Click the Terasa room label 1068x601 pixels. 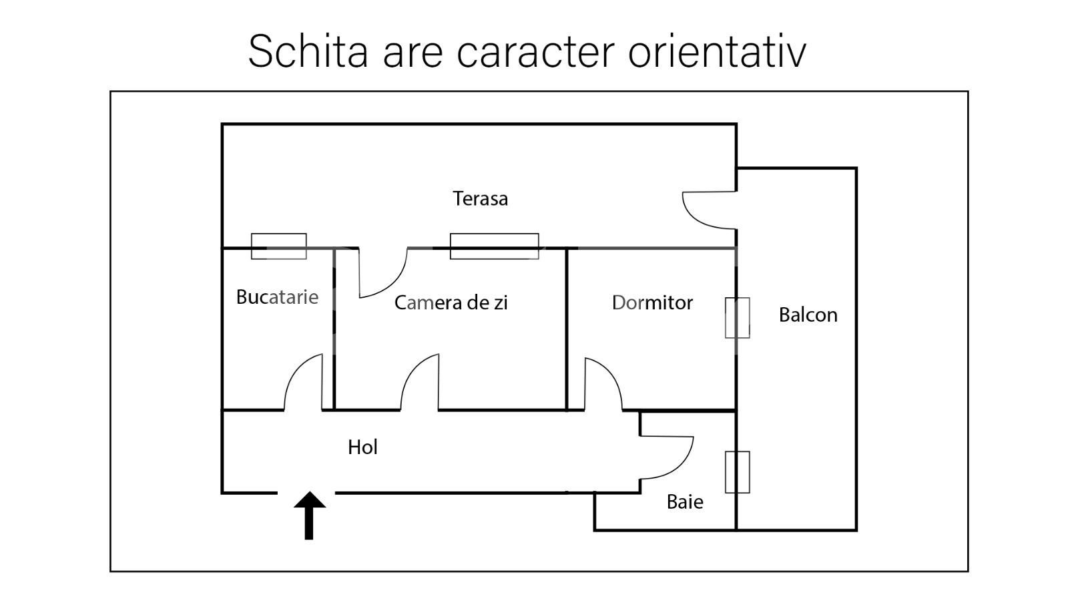tap(480, 198)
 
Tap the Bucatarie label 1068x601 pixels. tap(277, 297)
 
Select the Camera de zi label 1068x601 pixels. tap(451, 303)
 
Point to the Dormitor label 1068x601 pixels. tap(652, 303)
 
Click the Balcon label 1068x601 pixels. tap(808, 315)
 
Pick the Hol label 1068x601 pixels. tap(362, 447)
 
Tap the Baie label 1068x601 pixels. tap(685, 502)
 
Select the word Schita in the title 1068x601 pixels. tap(308, 51)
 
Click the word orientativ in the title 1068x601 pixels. tap(717, 51)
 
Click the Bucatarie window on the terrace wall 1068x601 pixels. tap(278, 246)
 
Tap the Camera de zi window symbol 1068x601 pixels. tap(494, 246)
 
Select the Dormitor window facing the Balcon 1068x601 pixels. tap(737, 318)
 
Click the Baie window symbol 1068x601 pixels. tap(737, 472)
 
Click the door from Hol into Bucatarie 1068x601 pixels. tap(304, 384)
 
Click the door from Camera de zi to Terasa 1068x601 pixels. tap(382, 272)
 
